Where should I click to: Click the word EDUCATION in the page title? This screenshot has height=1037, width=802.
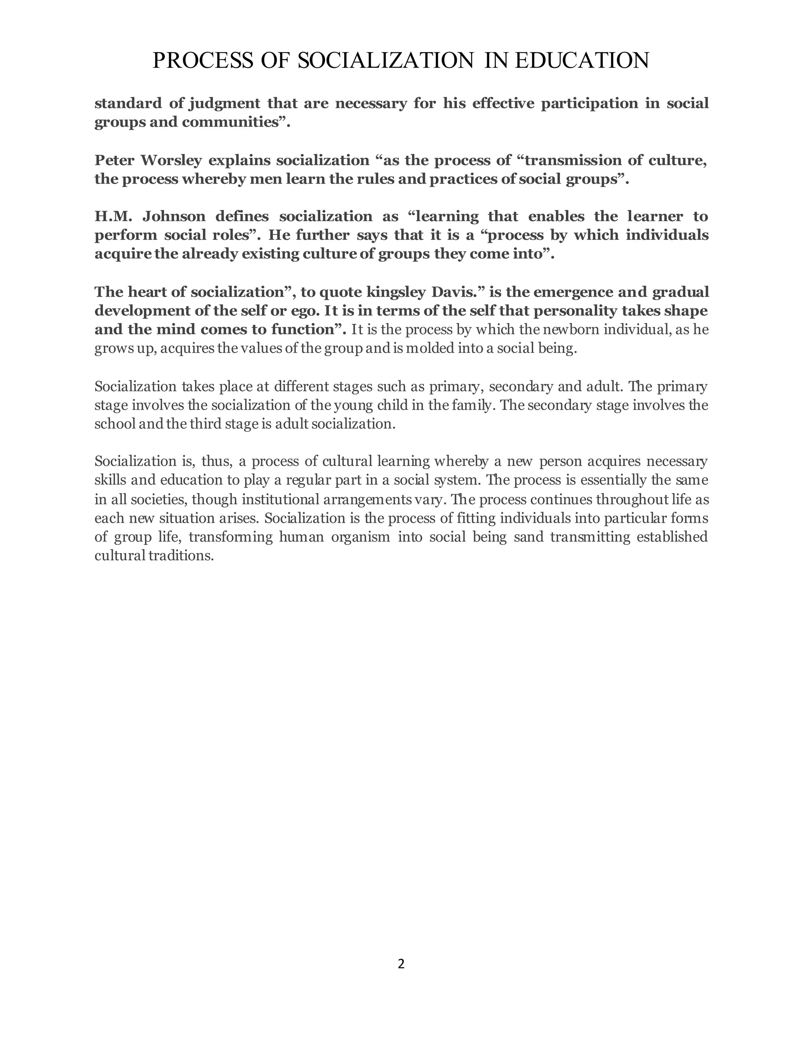(x=582, y=61)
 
